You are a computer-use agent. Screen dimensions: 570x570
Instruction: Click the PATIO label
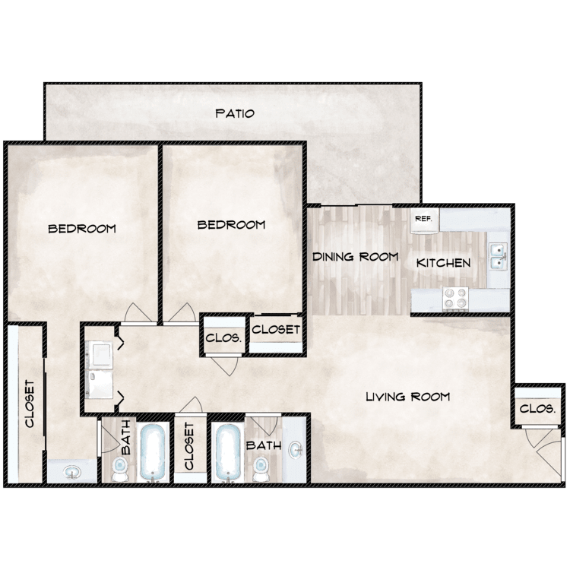tap(235, 113)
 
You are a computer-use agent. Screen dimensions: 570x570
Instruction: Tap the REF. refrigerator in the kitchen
tap(424, 220)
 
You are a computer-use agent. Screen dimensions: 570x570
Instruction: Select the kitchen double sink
tap(498, 256)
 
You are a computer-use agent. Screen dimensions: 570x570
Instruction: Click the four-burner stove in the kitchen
tap(455, 299)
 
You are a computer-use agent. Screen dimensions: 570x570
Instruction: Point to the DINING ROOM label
tap(356, 257)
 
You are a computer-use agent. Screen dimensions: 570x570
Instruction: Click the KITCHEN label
tap(443, 263)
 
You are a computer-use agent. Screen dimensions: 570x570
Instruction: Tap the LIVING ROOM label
tap(407, 396)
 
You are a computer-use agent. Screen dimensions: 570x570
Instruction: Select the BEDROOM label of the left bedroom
tap(82, 229)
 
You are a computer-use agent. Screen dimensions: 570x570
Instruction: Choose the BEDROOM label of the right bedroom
tap(231, 225)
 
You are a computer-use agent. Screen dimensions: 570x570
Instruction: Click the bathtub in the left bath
tap(153, 453)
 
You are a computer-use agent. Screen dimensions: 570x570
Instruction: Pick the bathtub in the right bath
tap(228, 453)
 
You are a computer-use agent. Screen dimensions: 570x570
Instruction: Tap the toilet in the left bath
tap(119, 469)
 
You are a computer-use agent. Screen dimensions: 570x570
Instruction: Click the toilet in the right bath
tap(260, 469)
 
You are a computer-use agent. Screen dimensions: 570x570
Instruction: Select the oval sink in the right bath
tap(295, 450)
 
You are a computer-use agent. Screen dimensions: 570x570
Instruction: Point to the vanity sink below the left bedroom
tap(71, 473)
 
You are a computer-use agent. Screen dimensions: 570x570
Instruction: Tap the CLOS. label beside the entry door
tap(537, 409)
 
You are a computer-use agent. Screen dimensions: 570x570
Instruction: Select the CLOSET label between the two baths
tap(189, 445)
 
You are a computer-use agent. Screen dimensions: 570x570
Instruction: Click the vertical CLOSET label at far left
tap(30, 404)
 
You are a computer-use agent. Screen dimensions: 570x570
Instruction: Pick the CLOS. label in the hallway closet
tap(223, 338)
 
